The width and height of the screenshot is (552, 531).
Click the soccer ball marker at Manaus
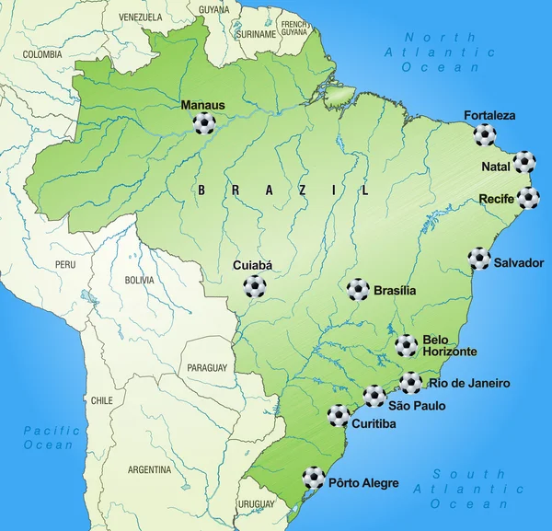point(204,123)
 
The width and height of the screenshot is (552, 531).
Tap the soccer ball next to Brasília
point(358,290)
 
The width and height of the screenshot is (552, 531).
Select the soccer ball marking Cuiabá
point(254,287)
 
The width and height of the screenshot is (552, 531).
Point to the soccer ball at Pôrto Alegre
point(314,477)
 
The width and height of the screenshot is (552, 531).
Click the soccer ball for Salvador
point(479,259)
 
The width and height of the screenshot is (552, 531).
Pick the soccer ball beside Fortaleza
point(485,135)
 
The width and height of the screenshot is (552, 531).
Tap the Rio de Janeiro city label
point(469,383)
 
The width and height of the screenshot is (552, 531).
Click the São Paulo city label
point(417,405)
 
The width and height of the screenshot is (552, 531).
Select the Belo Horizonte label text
point(450,345)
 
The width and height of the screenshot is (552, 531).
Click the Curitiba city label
point(374,423)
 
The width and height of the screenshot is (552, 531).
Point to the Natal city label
point(496,167)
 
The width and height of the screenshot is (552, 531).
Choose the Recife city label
point(496,198)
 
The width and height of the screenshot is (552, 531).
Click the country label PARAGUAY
point(206,367)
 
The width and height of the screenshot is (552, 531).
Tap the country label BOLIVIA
point(140,280)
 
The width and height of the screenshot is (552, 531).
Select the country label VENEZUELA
point(140,17)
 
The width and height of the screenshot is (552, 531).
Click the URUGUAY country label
point(256,505)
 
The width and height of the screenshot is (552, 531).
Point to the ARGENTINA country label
point(149,469)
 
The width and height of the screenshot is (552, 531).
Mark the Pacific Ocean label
point(48,437)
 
